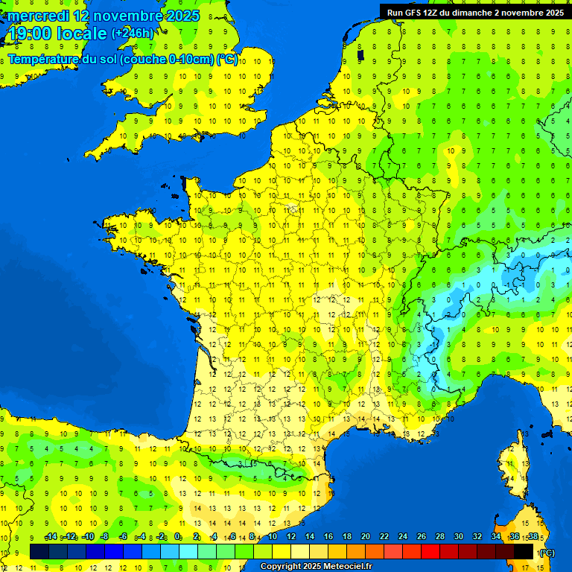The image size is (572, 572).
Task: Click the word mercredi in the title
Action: point(37,16)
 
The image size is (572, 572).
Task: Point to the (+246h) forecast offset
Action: point(133,34)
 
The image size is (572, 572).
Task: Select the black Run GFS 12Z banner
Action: point(475,12)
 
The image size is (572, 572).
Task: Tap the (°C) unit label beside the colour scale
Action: point(546,553)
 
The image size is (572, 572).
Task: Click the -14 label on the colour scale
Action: point(51,537)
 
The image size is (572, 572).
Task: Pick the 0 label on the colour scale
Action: point(178,537)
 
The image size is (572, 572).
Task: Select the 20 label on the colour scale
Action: point(365,537)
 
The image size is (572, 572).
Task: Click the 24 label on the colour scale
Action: point(402,537)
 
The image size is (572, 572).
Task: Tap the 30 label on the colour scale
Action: point(458,537)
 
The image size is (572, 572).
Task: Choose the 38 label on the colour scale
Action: point(533,537)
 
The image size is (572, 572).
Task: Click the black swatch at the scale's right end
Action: point(524,551)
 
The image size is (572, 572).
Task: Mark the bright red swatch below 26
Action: point(430,551)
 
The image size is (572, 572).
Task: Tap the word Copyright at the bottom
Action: point(281,567)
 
